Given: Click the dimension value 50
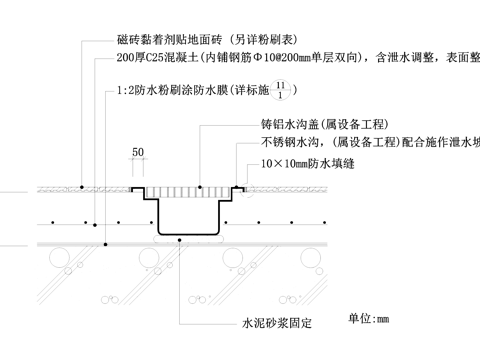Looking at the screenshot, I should pos(138,151).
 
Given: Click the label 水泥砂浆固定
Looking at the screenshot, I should pos(277,324).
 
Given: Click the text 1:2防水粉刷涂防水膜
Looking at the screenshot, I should pos(174,93).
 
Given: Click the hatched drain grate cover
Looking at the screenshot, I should pos(189,190).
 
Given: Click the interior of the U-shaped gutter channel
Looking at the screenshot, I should pos(189,215).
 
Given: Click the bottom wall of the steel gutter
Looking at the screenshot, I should pos(189,235).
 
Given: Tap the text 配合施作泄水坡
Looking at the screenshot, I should pos(440,144).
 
